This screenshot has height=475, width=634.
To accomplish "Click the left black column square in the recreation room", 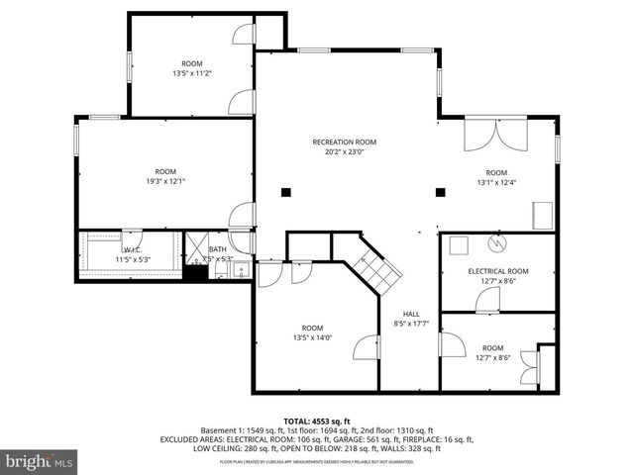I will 285,192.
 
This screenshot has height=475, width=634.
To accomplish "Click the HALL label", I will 410,313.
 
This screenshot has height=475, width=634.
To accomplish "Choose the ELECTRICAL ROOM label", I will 498,271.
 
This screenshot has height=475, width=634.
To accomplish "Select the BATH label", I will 217,249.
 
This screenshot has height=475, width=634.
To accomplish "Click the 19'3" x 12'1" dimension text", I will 165,181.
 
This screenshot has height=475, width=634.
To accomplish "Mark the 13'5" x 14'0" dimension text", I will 312,338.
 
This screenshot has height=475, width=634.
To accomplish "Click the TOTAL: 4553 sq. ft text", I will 317,421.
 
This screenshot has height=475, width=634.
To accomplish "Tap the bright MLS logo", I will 40,461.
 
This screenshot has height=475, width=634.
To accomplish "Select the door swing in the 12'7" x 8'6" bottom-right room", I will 452,344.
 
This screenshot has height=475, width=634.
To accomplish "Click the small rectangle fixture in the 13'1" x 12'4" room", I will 543,214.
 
